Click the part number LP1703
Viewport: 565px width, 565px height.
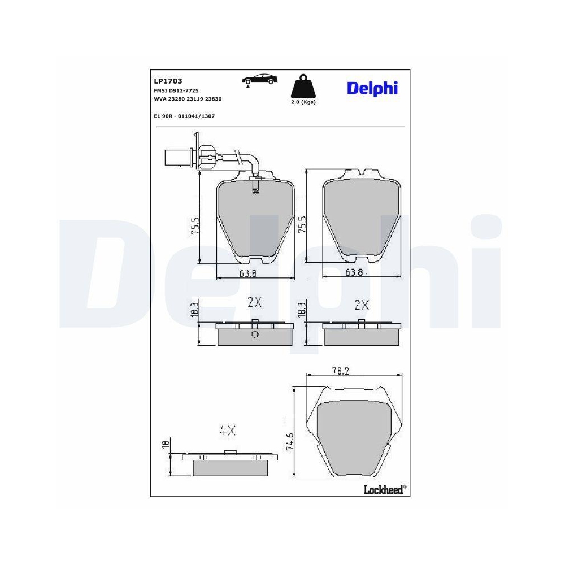point(168,81)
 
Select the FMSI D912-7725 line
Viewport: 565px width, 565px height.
point(176,90)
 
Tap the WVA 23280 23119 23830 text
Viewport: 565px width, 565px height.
point(188,99)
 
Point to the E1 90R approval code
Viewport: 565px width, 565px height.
point(184,116)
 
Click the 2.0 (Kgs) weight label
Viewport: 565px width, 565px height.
point(303,102)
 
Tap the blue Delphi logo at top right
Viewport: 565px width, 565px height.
point(372,89)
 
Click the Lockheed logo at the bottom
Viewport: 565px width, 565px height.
point(385,489)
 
